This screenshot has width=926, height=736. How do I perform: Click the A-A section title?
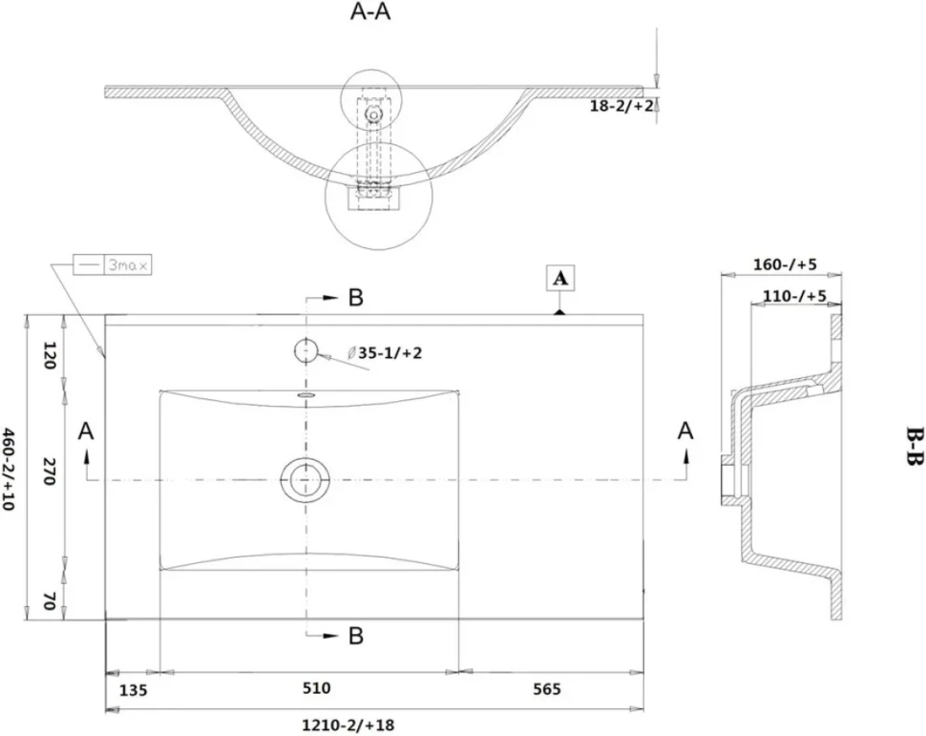(370, 11)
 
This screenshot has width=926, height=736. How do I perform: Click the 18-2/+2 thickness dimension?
(621, 106)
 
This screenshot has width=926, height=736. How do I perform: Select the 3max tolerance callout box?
(113, 265)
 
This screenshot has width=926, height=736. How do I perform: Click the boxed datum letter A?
(560, 278)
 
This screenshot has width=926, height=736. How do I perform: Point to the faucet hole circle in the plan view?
(305, 351)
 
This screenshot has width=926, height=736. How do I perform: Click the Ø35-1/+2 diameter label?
(385, 353)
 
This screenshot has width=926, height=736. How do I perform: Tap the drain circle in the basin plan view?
(305, 479)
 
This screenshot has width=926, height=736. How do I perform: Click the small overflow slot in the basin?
(306, 394)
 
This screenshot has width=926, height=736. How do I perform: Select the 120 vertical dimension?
(49, 355)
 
